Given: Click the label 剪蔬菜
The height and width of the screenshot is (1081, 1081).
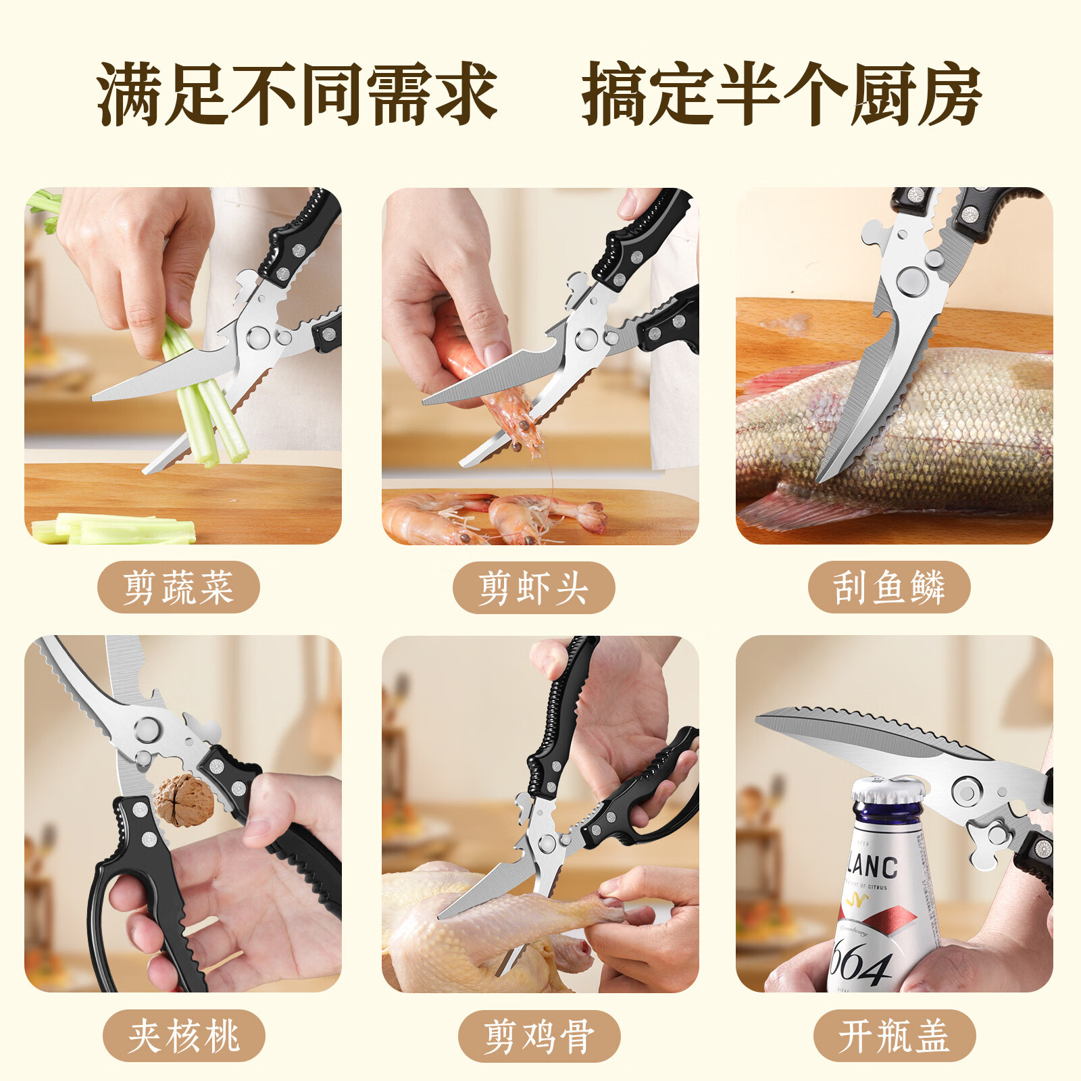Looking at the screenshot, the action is tap(178, 587).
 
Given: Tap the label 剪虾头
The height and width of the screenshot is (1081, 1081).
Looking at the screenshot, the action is tap(534, 587).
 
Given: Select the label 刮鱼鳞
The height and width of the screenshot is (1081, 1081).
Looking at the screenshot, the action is tap(889, 587).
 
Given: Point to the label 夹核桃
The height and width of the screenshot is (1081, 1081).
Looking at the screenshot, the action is tap(184, 1036).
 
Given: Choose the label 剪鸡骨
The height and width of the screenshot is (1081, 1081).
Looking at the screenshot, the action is tap(539, 1036).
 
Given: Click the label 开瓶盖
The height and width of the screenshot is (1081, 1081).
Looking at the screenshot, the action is tap(895, 1036).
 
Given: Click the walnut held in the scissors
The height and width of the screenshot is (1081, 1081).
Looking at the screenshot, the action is tap(183, 801).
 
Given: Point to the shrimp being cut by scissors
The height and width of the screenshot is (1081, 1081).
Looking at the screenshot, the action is tap(493, 378).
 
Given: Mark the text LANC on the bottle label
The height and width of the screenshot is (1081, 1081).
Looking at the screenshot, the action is tap(873, 867).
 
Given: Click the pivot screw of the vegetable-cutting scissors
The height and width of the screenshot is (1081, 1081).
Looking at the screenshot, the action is tap(257, 337).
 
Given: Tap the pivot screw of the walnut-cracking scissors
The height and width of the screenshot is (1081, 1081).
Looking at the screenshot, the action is tap(147, 729).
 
